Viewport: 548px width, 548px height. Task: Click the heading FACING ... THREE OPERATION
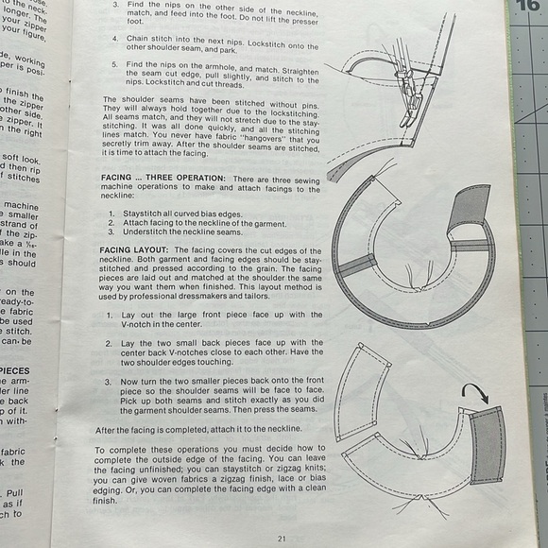point(163,179)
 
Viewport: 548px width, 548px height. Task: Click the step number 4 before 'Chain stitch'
point(115,39)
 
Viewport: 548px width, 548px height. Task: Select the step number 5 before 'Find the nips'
point(115,64)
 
